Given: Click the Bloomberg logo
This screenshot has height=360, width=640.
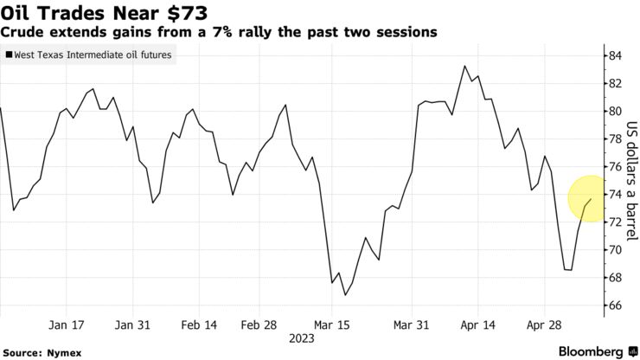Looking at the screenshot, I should coord(581,351).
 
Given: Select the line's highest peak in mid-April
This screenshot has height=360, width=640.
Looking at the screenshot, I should coord(465,66).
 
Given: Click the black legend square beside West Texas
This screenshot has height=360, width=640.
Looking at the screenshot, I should coord(9,55).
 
